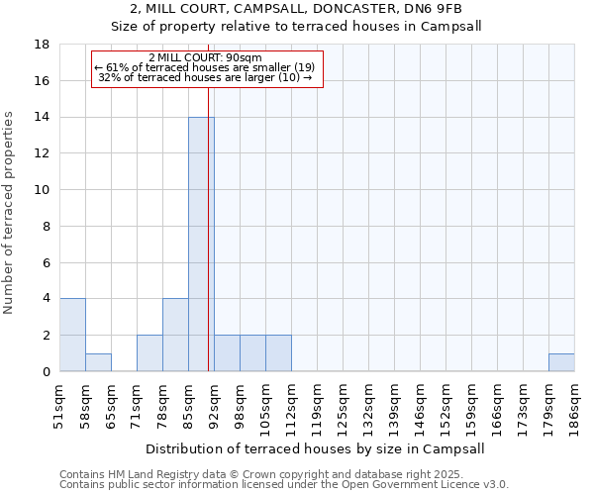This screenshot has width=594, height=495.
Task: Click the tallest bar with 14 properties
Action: pyautogui.click(x=201, y=244)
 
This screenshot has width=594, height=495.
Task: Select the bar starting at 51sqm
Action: pyautogui.click(x=72, y=335)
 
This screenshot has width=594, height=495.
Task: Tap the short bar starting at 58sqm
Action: pyautogui.click(x=98, y=362)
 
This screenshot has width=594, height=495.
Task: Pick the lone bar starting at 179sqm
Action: pyautogui.click(x=561, y=362)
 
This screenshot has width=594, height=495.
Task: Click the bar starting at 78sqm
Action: pyautogui.click(x=175, y=335)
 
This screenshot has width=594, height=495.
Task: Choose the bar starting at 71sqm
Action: pyautogui.click(x=149, y=353)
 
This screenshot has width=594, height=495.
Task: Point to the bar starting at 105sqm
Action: pyautogui.click(x=278, y=353)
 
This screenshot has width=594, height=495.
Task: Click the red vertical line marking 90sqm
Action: pyautogui.click(x=209, y=247)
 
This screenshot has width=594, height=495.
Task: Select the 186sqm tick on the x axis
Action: pyautogui.click(x=574, y=404)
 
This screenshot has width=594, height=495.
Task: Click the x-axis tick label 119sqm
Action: pyautogui.click(x=317, y=404)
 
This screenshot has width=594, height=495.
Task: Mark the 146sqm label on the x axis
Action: pyautogui.click(x=420, y=404)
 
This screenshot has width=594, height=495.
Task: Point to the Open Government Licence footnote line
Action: pyautogui.click(x=284, y=484)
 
